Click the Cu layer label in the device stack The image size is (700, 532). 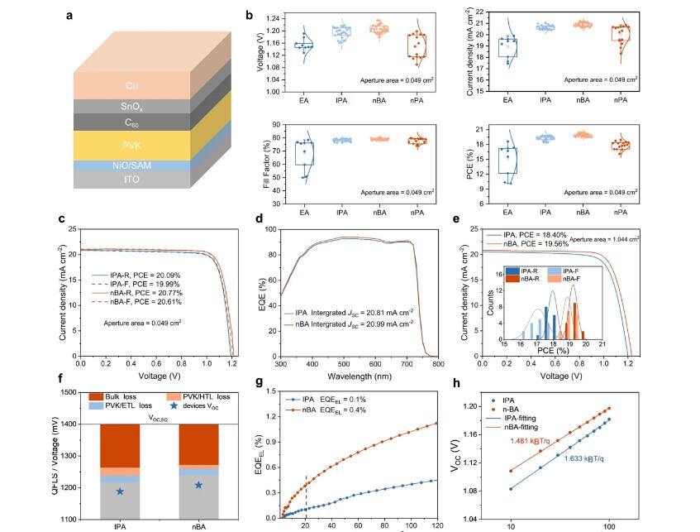pyautogui.click(x=132, y=86)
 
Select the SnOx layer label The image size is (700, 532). pyautogui.click(x=132, y=106)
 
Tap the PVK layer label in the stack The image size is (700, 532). pyautogui.click(x=132, y=145)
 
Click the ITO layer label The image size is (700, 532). pyautogui.click(x=132, y=180)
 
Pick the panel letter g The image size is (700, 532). pyautogui.click(x=260, y=382)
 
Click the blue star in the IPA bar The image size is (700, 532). pyautogui.click(x=120, y=491)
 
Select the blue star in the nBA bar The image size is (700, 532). pyautogui.click(x=198, y=485)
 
